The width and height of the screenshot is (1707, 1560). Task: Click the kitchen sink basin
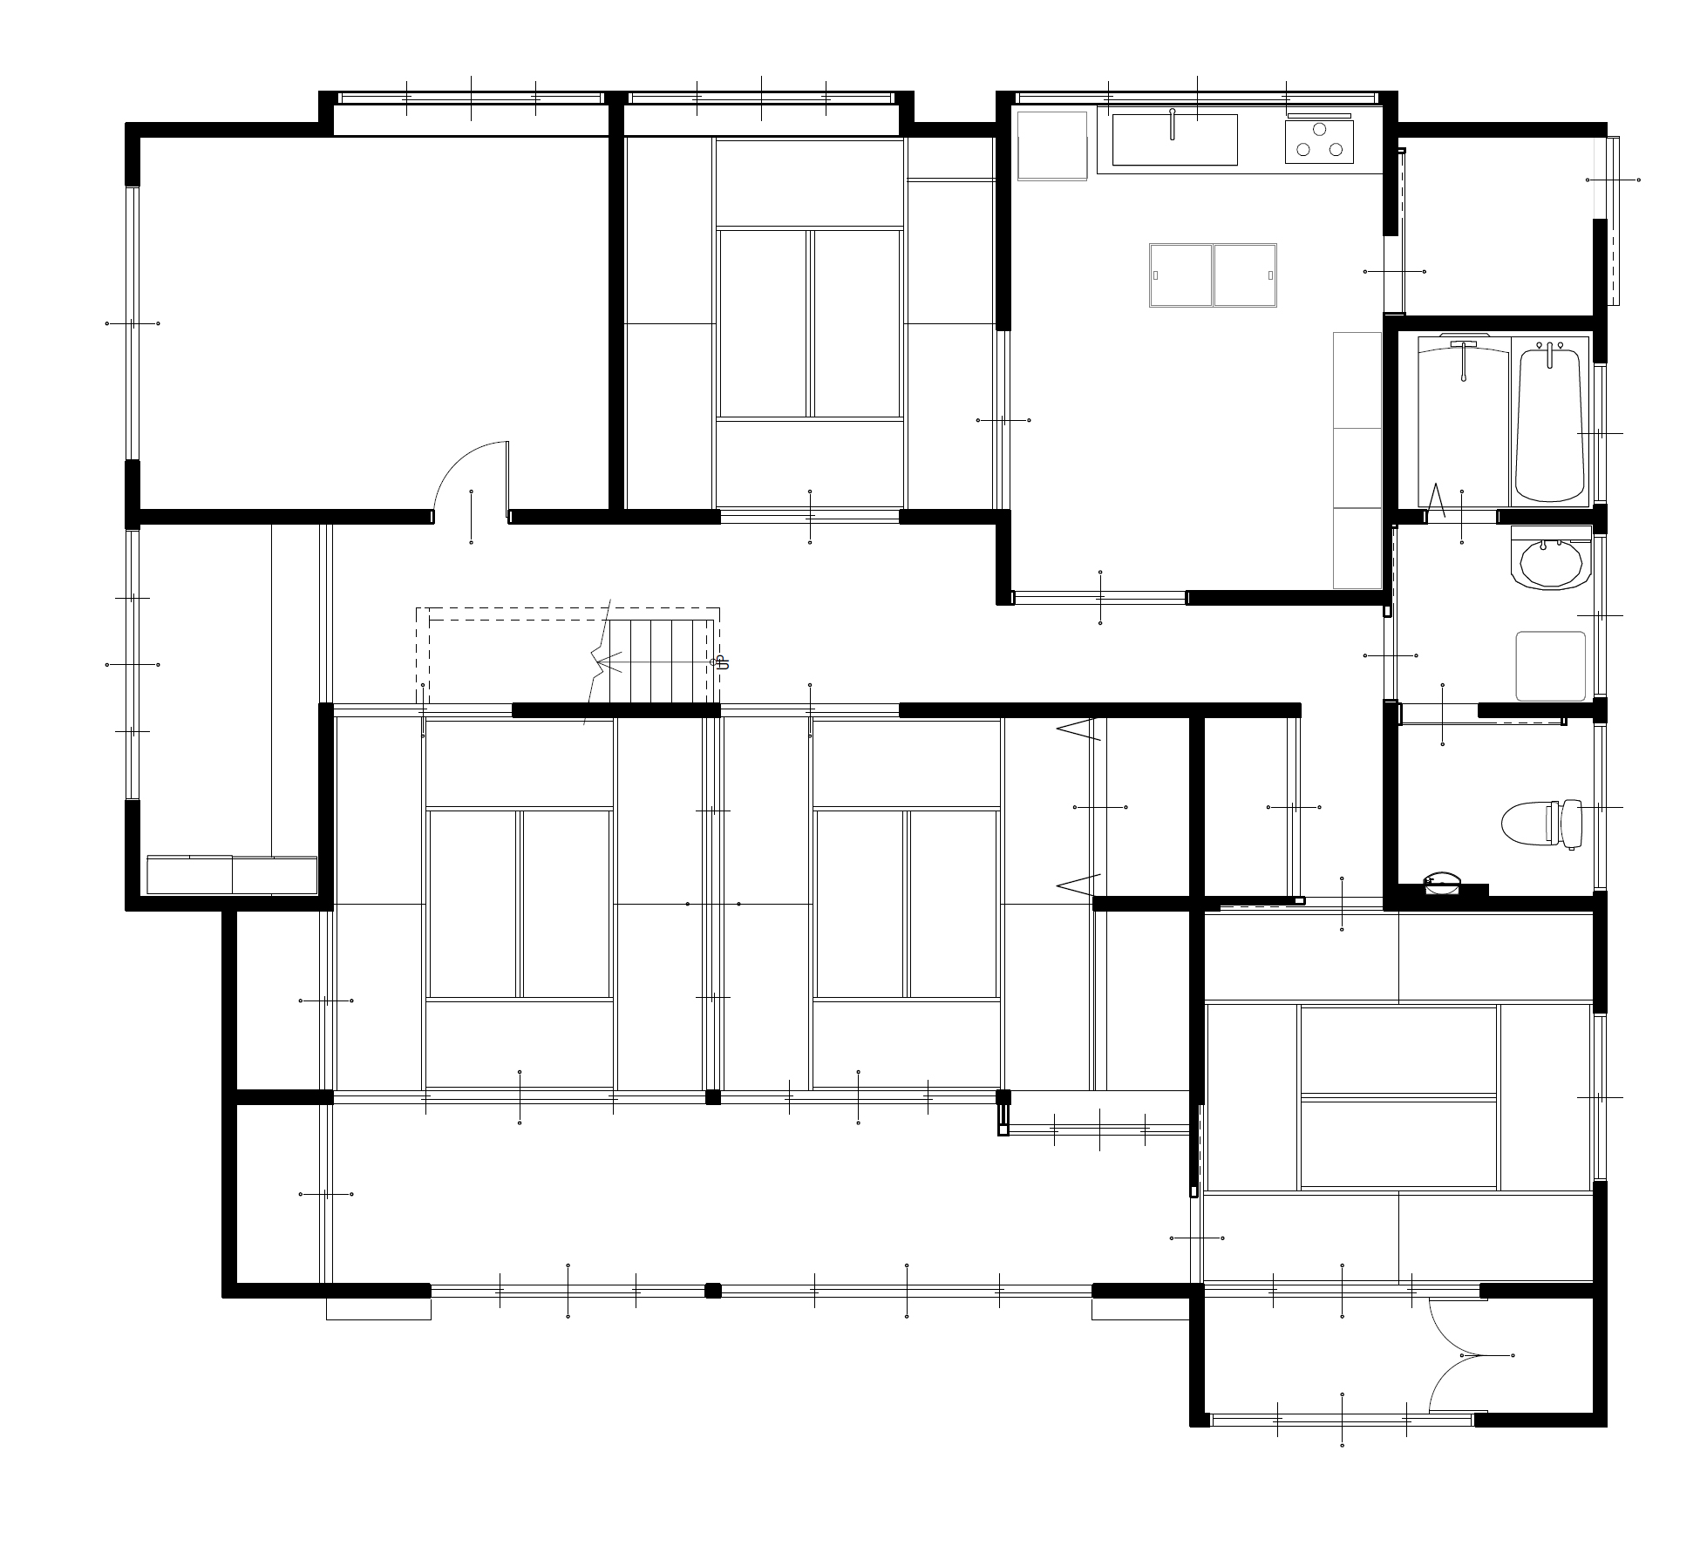point(1174,139)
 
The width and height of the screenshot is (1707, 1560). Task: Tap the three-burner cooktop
point(1319,141)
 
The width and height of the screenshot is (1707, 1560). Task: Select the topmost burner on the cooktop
point(1319,130)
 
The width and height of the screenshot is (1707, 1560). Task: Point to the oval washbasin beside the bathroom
point(1550,562)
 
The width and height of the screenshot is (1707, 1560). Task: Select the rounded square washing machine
point(1550,666)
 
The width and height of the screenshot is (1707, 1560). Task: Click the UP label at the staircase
point(720,661)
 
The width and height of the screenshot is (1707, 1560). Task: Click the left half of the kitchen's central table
point(1181,275)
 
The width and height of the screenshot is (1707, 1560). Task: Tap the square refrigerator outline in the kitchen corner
point(1052,146)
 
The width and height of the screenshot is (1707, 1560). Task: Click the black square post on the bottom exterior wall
point(713,1291)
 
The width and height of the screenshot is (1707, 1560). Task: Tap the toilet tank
point(1571,824)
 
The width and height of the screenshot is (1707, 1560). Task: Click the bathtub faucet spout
point(1549,355)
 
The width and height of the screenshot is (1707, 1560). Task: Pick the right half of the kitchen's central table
point(1245,275)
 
